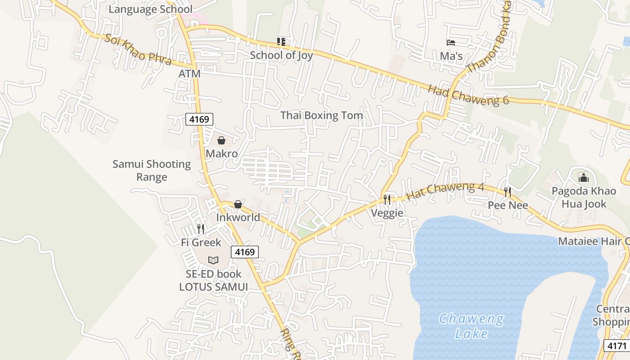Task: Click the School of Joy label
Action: click(281, 55)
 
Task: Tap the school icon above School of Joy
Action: click(281, 42)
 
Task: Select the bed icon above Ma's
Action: click(451, 43)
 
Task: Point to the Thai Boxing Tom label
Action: click(321, 115)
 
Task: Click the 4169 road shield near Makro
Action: click(199, 119)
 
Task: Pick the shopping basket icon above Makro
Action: click(221, 140)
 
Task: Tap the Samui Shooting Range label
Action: click(152, 170)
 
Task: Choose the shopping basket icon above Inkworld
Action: click(238, 204)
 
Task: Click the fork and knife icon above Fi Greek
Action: click(201, 229)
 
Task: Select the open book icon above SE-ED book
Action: click(213, 260)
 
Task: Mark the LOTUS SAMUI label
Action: click(213, 287)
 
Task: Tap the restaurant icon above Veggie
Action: click(387, 199)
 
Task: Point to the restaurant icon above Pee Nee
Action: click(508, 192)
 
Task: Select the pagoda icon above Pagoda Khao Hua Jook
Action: click(584, 177)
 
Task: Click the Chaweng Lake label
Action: click(471, 326)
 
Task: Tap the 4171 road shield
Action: click(616, 346)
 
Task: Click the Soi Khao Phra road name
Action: click(138, 49)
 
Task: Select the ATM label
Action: click(189, 73)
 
